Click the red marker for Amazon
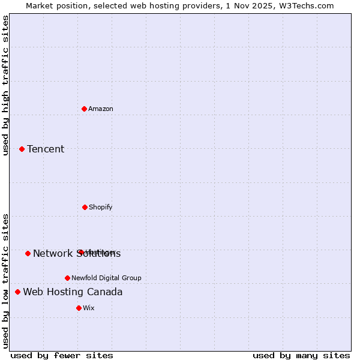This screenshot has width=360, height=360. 84,109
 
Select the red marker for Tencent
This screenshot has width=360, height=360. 22,149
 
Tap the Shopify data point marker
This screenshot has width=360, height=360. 85,207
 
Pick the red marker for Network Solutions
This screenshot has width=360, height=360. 28,253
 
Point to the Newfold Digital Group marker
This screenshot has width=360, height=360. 67,278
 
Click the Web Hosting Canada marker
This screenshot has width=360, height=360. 17,292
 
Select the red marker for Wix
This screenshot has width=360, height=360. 79,308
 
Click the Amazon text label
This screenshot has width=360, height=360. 101,109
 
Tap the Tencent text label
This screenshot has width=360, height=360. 46,149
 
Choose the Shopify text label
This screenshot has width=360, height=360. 101,207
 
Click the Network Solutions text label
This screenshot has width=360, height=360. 77,254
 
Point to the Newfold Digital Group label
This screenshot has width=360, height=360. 106,278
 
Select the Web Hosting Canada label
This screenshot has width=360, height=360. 73,292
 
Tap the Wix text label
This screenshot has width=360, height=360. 89,308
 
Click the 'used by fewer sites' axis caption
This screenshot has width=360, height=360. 62,355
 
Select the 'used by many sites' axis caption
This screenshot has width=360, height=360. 301,355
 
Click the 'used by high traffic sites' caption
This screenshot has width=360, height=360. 5,85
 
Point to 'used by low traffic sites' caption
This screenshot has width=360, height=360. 5,281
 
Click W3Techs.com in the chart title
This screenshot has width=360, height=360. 305,5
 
